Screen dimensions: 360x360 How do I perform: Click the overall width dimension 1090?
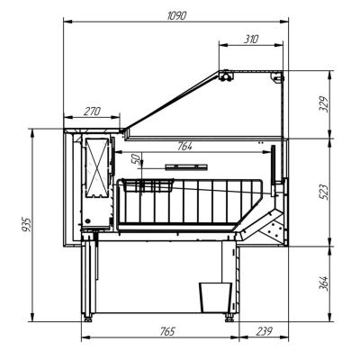coord(175,16)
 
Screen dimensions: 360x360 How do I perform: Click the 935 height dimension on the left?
coord(27,223)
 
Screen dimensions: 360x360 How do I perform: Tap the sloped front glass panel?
coord(172,100)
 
